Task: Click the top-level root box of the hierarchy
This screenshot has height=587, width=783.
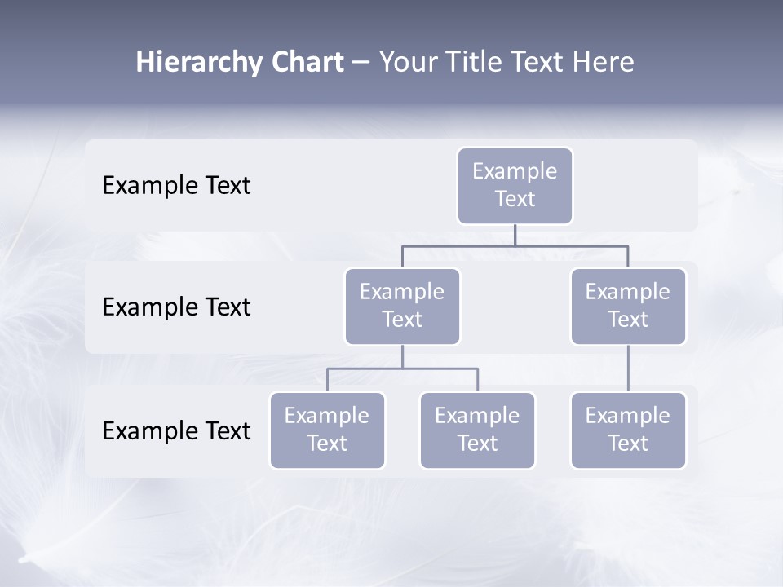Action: pyautogui.click(x=515, y=186)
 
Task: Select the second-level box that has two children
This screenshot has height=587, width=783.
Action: pyautogui.click(x=402, y=307)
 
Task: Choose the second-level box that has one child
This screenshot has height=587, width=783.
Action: pyautogui.click(x=628, y=307)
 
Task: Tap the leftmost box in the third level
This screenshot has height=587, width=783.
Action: pyautogui.click(x=327, y=430)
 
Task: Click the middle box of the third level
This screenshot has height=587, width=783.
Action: pyautogui.click(x=477, y=430)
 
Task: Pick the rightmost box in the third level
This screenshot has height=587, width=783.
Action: pyautogui.click(x=628, y=430)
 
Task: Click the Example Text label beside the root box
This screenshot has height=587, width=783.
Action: pyautogui.click(x=176, y=186)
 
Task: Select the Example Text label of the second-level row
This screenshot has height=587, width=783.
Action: pyautogui.click(x=176, y=307)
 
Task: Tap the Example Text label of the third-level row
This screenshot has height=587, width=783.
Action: pyautogui.click(x=176, y=430)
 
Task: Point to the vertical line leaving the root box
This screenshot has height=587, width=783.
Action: pyautogui.click(x=515, y=235)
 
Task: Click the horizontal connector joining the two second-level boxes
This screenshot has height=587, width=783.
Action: pyautogui.click(x=515, y=245)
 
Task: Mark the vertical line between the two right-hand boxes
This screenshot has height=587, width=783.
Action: pyautogui.click(x=628, y=369)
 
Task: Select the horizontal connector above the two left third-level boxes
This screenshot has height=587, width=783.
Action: pyautogui.click(x=402, y=369)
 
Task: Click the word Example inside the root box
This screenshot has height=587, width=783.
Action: pyautogui.click(x=515, y=171)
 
